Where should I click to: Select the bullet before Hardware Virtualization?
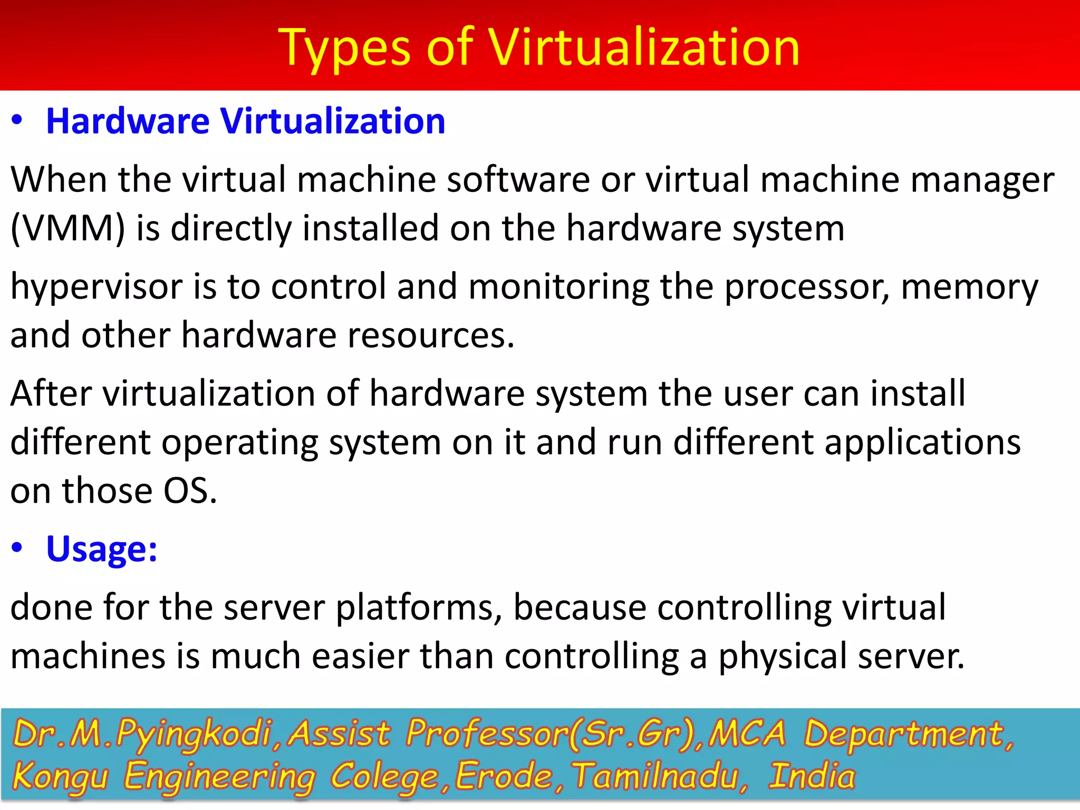click(x=17, y=121)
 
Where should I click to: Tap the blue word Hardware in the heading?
click(x=128, y=121)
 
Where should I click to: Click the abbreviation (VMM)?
click(x=68, y=228)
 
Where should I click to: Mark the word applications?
click(x=922, y=443)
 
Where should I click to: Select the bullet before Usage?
click(x=17, y=548)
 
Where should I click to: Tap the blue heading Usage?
click(x=102, y=549)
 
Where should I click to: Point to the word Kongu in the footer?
click(x=60, y=777)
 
